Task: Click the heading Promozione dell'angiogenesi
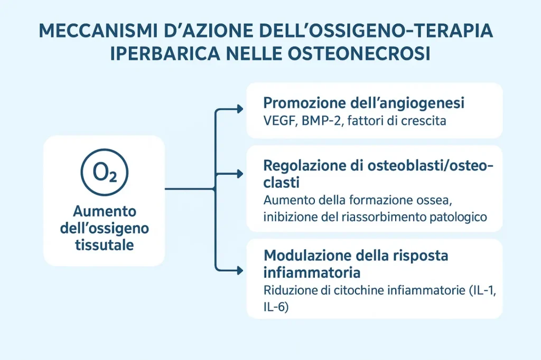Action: click(x=363, y=103)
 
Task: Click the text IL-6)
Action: click(x=276, y=307)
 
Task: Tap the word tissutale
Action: click(x=104, y=245)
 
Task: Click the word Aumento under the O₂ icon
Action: click(x=105, y=211)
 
